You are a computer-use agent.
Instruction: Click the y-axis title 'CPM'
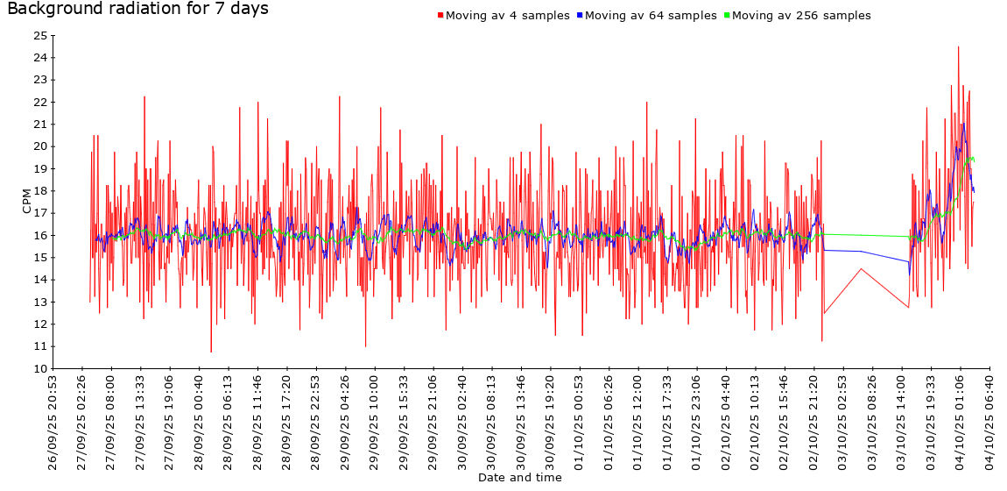click(x=26, y=202)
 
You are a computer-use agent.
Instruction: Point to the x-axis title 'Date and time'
click(x=520, y=478)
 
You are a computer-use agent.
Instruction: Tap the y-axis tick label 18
click(x=39, y=191)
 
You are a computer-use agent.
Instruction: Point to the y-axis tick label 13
click(x=39, y=302)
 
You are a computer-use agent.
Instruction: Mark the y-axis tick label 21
click(x=39, y=125)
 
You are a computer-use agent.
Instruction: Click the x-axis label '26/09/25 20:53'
click(x=53, y=423)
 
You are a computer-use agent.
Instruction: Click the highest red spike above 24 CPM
click(x=959, y=47)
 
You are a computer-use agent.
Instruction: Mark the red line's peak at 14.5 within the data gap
click(x=862, y=269)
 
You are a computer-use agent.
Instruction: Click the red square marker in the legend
click(x=440, y=16)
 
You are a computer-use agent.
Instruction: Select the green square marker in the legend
click(x=727, y=16)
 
